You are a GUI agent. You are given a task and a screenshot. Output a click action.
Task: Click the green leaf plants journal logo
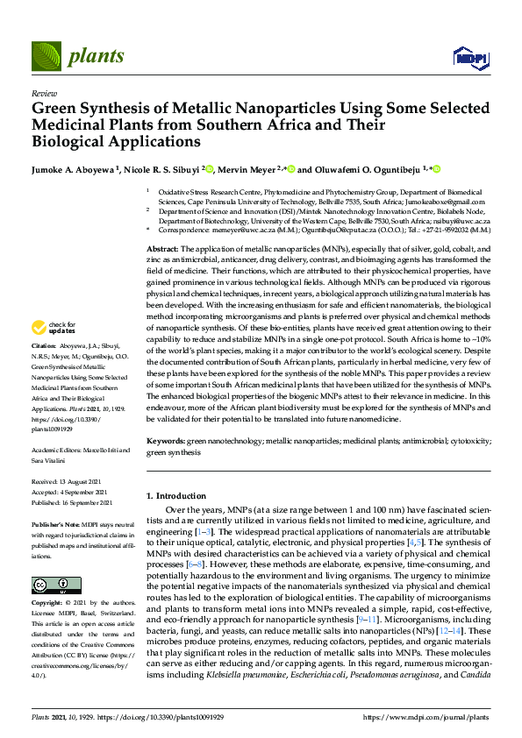coord(49,56)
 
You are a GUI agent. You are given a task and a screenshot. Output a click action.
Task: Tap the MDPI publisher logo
coord(465,58)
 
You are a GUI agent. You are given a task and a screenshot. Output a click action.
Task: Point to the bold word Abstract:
coord(162,250)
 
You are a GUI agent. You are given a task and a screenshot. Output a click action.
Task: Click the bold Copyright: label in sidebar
coord(48,604)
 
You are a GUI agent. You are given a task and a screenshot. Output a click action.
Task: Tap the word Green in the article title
coord(54,109)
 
